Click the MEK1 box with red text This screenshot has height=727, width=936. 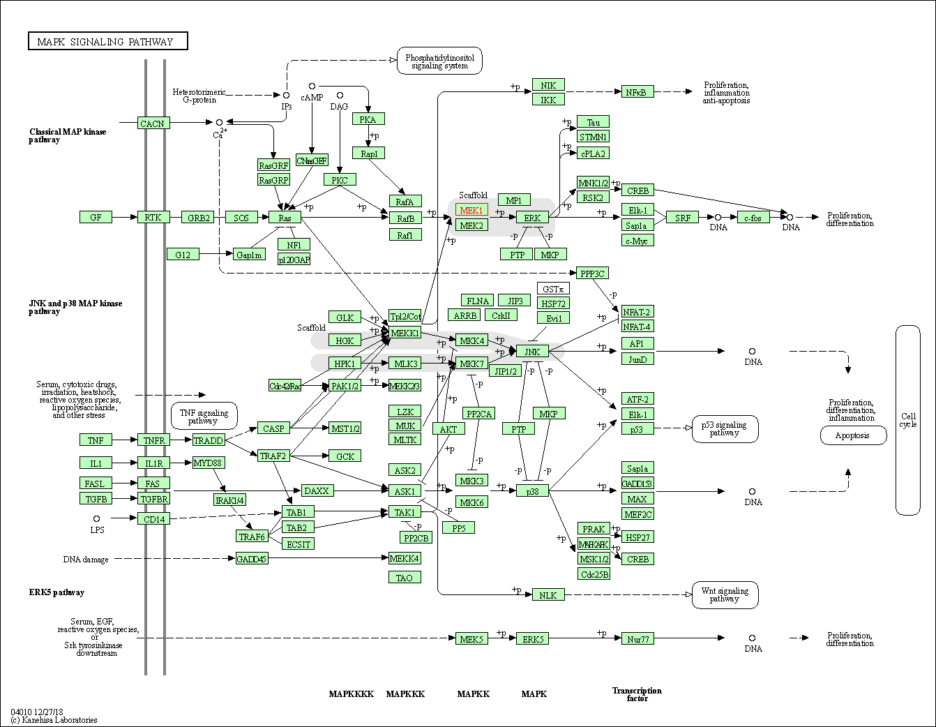tap(471, 210)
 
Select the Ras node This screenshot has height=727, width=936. tap(285, 218)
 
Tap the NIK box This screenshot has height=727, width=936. tap(548, 85)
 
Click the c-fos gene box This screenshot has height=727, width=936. tap(753, 218)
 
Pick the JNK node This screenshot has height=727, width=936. tap(532, 352)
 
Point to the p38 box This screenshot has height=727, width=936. tap(532, 491)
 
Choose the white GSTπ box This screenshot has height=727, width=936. tap(553, 289)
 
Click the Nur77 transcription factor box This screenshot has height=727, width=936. tap(637, 638)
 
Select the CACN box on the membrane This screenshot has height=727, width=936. tap(153, 123)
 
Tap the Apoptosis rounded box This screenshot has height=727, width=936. tap(852, 435)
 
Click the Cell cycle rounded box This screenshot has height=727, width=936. tap(908, 420)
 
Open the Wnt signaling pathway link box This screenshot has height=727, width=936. tap(725, 595)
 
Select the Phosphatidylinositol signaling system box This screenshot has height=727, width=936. tap(439, 61)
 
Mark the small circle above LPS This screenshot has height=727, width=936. tap(96, 518)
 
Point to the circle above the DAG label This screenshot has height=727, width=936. tap(340, 96)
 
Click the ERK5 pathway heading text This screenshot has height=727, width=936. tap(56, 592)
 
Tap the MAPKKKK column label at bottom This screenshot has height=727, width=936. tap(352, 694)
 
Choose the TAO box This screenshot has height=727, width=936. tap(405, 578)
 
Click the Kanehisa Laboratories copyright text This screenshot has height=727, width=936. tap(54, 719)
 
